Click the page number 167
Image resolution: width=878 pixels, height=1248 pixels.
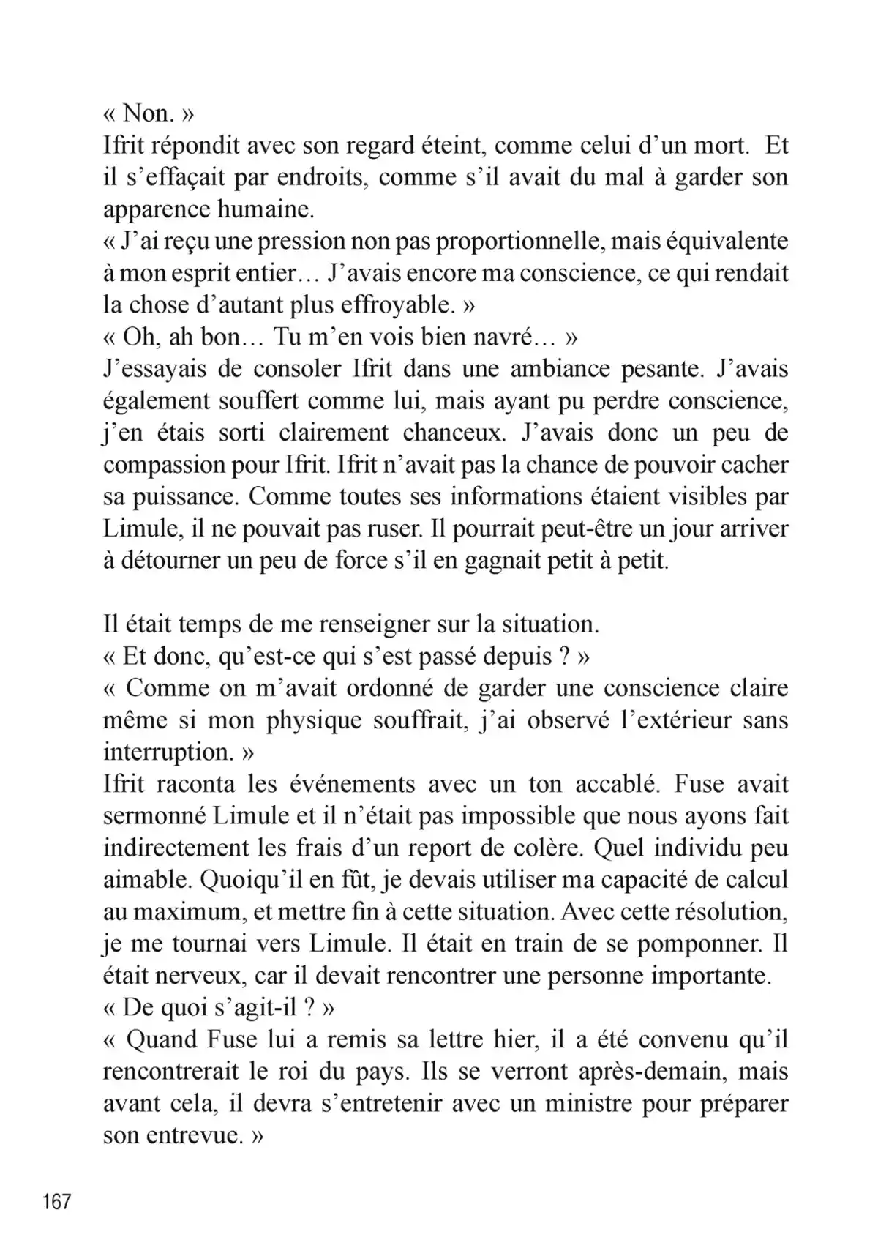click(57, 1201)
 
